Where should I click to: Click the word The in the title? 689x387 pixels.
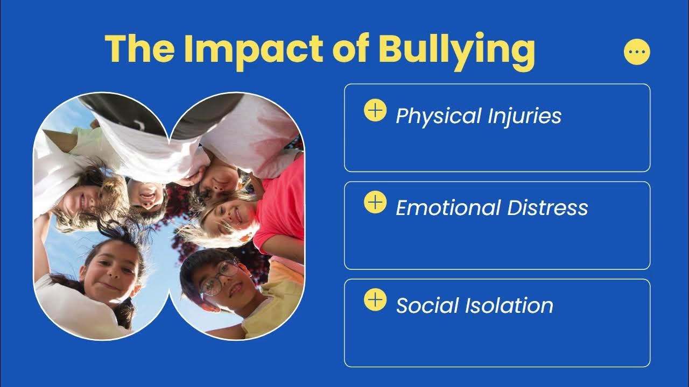139,48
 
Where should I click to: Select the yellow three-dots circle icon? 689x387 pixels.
637,52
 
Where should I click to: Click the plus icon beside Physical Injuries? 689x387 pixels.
375,110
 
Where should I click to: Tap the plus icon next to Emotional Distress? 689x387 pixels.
375,203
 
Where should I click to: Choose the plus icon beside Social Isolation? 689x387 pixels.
375,300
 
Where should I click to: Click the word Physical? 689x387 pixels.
438,116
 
